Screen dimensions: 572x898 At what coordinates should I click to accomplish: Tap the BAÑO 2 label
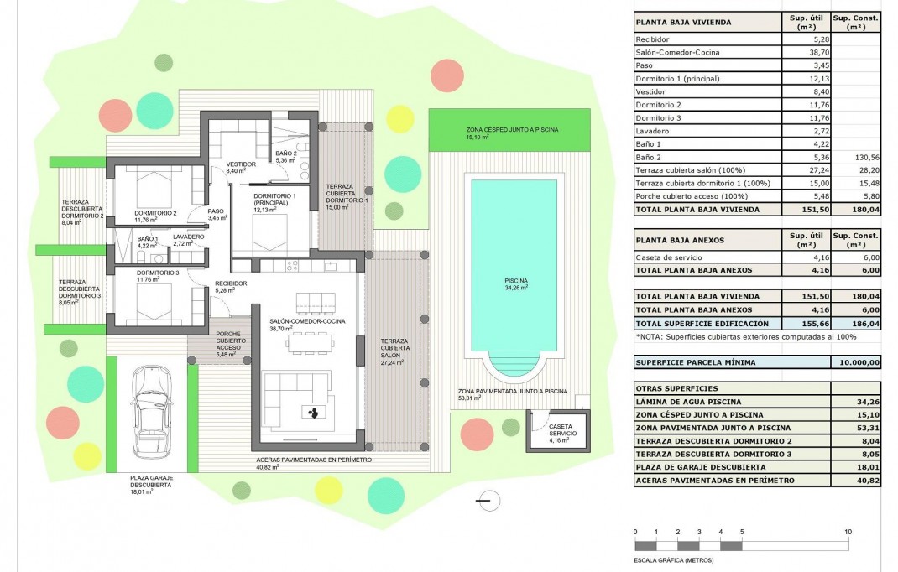(286, 153)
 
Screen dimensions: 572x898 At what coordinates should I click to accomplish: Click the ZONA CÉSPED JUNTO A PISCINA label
(512, 130)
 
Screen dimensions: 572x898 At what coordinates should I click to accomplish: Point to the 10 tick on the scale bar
(848, 532)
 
